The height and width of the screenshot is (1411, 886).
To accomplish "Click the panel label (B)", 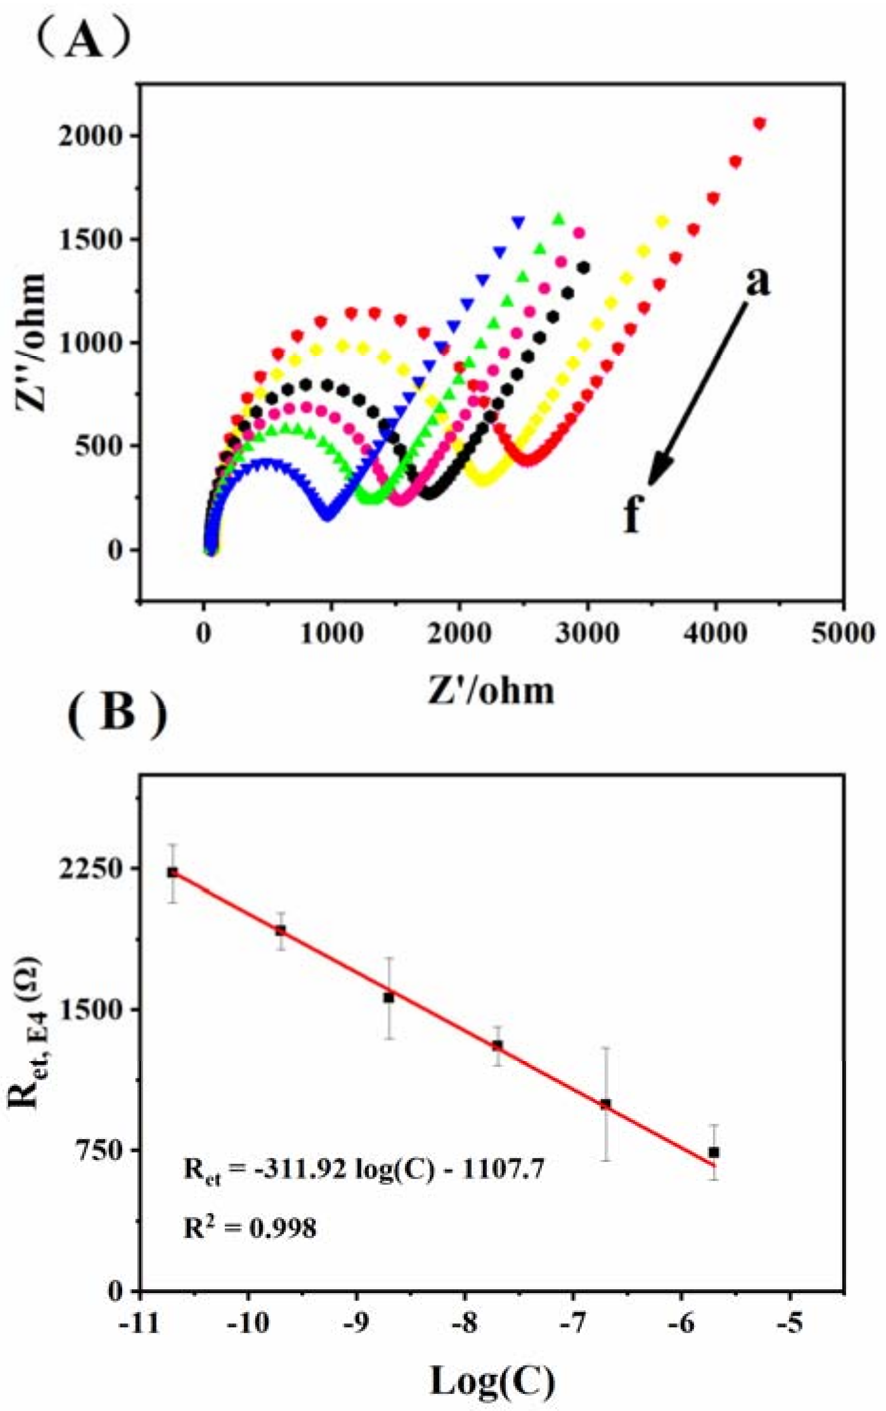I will (x=117, y=715).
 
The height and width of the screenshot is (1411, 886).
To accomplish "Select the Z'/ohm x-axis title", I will (x=491, y=690).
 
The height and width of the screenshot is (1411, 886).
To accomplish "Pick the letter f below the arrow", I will (x=631, y=516).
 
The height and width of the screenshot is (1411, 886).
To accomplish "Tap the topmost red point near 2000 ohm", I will (x=760, y=123).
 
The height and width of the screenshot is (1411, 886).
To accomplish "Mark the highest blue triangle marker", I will (x=518, y=222).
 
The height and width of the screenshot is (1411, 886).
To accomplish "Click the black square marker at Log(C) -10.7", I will (x=172, y=872).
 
